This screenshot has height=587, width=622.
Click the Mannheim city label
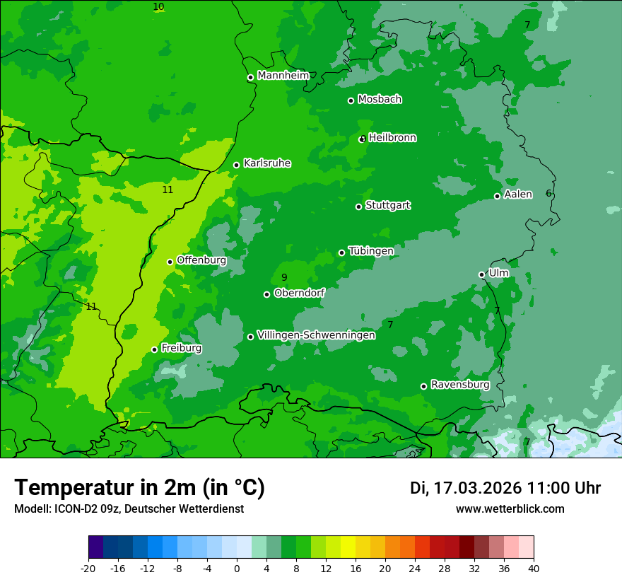click(x=283, y=76)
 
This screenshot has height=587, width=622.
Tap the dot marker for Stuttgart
click(x=358, y=207)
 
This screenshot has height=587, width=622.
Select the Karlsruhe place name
click(x=266, y=163)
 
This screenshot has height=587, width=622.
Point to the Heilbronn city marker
click(x=363, y=139)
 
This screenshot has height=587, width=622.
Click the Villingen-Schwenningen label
click(x=316, y=335)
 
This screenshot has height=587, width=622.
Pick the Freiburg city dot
click(x=154, y=349)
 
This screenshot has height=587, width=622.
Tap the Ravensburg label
click(x=459, y=385)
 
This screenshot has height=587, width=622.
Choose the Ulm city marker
click(x=481, y=274)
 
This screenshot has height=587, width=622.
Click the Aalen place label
click(x=517, y=194)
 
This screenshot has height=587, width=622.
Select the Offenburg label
click(x=201, y=260)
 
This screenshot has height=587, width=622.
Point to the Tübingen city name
click(x=370, y=251)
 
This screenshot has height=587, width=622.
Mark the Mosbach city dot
click(x=351, y=100)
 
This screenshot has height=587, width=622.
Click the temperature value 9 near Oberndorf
click(x=284, y=278)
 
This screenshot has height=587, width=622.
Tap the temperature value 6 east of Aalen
click(x=548, y=194)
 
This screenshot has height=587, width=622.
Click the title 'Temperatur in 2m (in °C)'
click(x=139, y=488)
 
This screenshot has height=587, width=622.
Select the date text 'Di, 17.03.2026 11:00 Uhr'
click(x=505, y=488)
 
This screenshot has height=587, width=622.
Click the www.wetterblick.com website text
click(x=510, y=508)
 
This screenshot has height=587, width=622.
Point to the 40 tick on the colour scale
click(x=534, y=569)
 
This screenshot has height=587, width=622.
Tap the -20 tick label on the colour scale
click(x=88, y=569)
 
